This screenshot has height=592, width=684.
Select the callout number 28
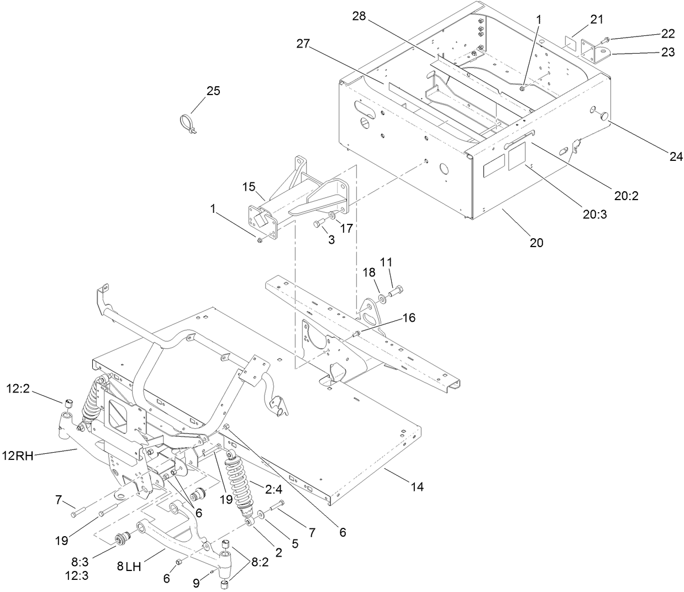(359, 17)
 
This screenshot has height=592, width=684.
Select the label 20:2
(626, 195)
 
